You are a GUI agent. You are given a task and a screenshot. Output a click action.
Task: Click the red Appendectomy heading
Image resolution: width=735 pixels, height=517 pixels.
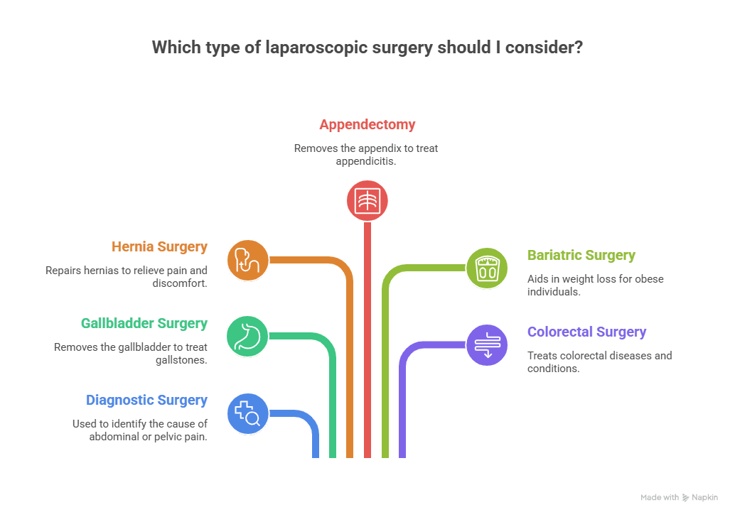pos(367,125)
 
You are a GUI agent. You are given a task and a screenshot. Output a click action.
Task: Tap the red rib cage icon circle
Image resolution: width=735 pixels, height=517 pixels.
pos(367,200)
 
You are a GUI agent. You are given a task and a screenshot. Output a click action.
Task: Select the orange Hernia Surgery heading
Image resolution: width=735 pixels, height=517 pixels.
pos(159,247)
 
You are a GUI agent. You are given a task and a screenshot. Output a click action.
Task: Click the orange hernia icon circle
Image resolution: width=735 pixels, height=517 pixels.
pos(247,260)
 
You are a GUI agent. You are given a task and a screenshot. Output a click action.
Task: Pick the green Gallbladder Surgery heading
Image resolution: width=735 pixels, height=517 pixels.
pos(144,324)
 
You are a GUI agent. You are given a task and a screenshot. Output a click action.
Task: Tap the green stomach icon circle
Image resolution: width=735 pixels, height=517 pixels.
pos(247,337)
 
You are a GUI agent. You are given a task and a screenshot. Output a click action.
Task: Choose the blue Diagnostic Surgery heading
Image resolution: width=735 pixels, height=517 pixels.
pos(146,401)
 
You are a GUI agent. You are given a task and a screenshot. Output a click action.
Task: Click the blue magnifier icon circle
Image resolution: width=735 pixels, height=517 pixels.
pos(247,413)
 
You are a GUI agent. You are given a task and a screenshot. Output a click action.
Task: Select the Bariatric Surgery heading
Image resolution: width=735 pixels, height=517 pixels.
pos(581,256)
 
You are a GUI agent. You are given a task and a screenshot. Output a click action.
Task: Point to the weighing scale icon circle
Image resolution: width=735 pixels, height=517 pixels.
pos(487,268)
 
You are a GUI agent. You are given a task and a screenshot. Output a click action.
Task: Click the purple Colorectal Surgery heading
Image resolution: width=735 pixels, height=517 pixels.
pos(586,332)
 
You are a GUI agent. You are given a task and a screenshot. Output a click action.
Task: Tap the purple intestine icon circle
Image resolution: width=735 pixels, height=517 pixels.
pos(487,345)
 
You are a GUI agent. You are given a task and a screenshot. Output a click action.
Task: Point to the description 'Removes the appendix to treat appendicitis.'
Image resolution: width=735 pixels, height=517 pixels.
pos(367,155)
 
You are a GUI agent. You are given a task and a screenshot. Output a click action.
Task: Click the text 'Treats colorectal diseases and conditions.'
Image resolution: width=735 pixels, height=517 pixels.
pos(599,362)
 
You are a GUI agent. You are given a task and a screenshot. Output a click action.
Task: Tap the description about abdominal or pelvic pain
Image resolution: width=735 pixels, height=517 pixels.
pos(139,430)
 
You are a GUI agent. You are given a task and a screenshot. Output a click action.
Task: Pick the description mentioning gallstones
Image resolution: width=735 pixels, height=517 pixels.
pos(132,354)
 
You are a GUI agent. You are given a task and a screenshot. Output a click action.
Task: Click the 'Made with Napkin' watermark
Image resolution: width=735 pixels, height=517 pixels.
pos(678,498)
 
